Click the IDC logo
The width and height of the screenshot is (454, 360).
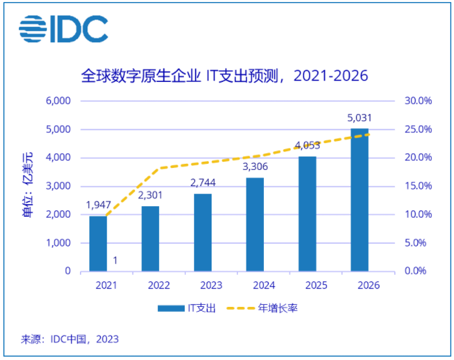pos(63,28)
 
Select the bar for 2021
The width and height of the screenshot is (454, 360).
pos(98,244)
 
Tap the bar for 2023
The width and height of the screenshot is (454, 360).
pos(203,232)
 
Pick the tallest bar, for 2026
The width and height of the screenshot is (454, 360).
pos(360,200)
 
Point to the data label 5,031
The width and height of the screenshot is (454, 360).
pos(359,118)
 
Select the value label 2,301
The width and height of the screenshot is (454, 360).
pos(150,196)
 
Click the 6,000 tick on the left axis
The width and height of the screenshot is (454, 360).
pos(58,101)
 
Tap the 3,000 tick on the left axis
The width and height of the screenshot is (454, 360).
pos(58,186)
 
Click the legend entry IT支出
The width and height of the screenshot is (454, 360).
pos(187,308)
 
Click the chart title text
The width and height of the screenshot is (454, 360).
pos(224,75)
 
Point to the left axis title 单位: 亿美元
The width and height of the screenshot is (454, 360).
pos(28,186)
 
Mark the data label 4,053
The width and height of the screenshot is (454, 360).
pos(307,145)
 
